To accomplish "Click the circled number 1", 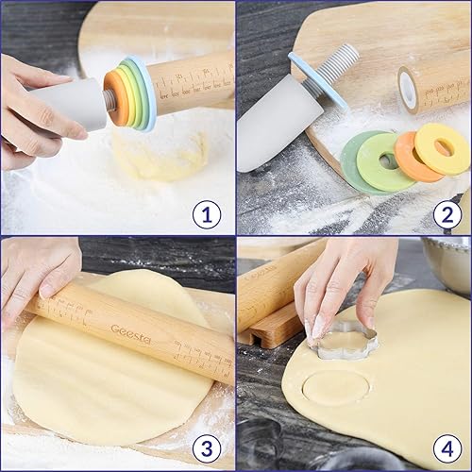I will click(x=207, y=214).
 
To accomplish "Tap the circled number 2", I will click(x=447, y=214).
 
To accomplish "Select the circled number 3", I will click(x=207, y=446).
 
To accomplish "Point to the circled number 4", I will click(x=447, y=446).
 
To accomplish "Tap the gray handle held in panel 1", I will click(x=71, y=104).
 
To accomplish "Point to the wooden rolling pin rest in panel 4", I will click(x=274, y=326).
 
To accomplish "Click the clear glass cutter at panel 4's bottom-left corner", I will click(x=260, y=453).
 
